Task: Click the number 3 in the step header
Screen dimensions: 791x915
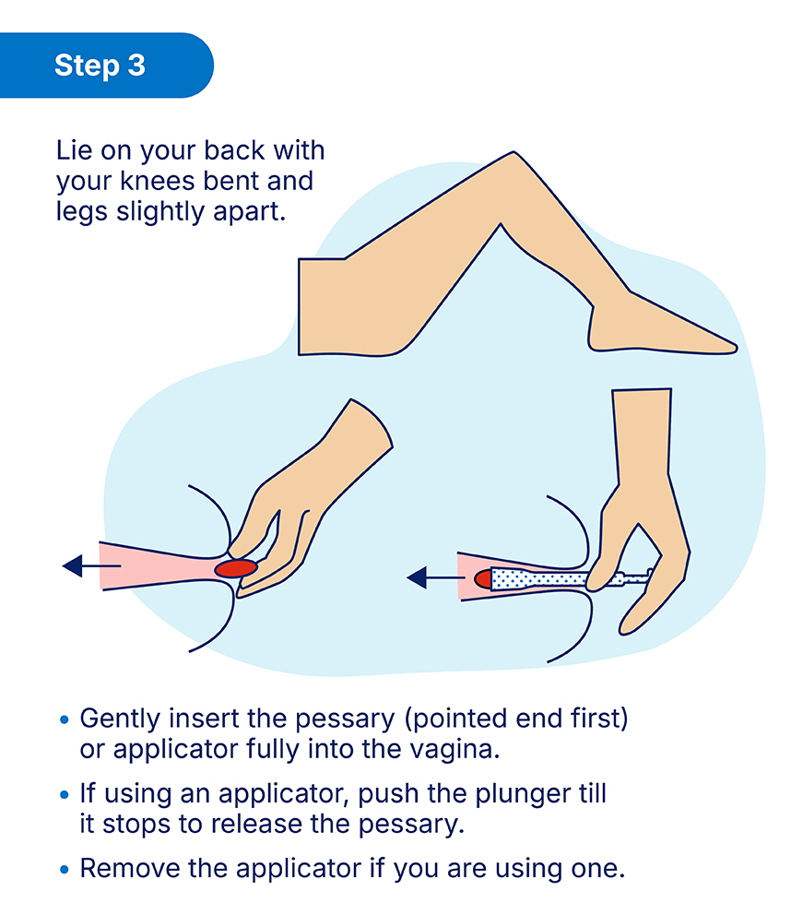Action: point(136,65)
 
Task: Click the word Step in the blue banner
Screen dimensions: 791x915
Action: point(87,65)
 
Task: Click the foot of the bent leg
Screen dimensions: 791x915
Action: point(659,327)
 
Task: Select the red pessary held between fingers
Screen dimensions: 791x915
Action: point(236,568)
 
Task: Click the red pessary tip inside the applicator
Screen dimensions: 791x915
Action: point(482,579)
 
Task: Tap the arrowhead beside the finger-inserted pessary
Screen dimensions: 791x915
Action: point(72,565)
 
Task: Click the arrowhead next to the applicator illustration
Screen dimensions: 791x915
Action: point(417,577)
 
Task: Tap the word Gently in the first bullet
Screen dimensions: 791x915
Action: point(120,719)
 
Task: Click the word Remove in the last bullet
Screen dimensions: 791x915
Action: point(129,868)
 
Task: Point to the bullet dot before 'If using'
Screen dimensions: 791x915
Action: point(65,795)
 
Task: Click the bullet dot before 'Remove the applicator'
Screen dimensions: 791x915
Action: point(65,870)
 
